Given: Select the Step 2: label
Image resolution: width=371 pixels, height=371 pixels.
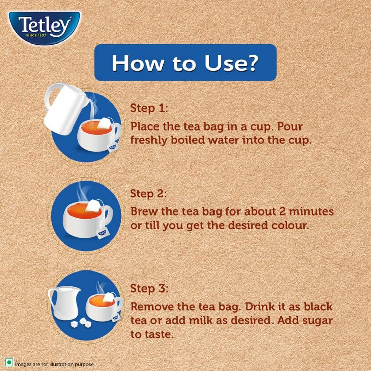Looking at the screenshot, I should (149, 194).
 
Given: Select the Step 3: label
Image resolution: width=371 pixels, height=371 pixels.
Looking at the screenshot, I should (149, 289).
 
